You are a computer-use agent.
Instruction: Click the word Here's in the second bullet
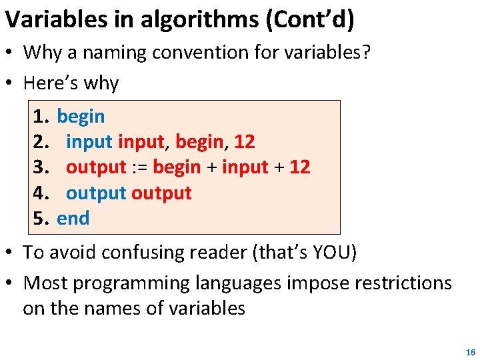click(x=50, y=83)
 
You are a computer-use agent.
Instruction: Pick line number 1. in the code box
click(x=41, y=117)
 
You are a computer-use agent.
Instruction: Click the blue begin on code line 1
click(x=81, y=117)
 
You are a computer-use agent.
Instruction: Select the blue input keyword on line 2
click(x=89, y=142)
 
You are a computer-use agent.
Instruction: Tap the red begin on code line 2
click(x=197, y=142)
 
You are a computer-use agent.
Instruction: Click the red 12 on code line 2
click(x=244, y=142)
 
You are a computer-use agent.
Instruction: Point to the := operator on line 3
click(x=139, y=167)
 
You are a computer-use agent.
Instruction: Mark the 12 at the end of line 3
click(x=299, y=167)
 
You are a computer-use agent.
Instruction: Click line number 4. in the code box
click(x=41, y=193)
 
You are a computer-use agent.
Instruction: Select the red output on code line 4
click(x=161, y=193)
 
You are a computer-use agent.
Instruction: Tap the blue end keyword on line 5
click(x=73, y=218)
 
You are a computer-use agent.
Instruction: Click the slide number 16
click(x=471, y=351)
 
